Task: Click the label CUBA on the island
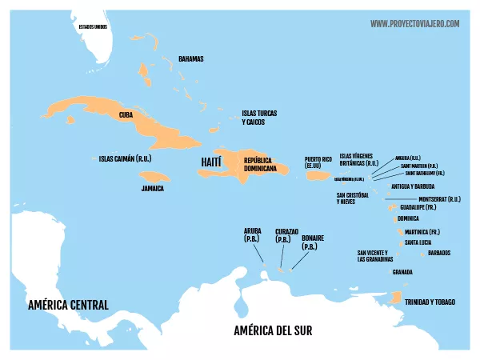[126, 115]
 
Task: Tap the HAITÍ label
[210, 162]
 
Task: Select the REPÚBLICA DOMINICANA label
[261, 165]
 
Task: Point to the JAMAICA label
[152, 189]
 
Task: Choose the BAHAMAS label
[190, 59]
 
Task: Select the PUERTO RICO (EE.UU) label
[318, 162]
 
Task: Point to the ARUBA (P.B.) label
[253, 234]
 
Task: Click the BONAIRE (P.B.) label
[313, 242]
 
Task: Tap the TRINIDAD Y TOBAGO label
[430, 302]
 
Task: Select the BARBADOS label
[439, 253]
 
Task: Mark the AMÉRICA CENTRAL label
[67, 305]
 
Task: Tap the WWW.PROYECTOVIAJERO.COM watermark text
[414, 24]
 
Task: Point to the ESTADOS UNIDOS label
[93, 26]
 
